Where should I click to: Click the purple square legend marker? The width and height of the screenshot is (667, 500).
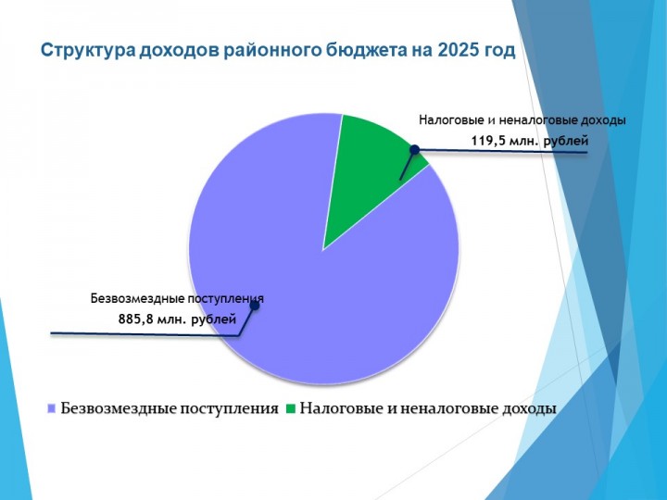52,408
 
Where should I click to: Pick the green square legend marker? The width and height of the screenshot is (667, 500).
291,408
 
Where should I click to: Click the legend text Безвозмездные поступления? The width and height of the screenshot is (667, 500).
170,408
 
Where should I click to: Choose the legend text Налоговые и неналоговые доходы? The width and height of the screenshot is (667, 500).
428,408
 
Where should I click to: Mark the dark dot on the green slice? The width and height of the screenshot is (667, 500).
414,149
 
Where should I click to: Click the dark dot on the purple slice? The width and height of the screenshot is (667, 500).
255,306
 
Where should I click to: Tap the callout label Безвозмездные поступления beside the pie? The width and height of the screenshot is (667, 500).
177,299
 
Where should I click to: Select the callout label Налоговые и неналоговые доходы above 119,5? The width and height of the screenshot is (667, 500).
522,120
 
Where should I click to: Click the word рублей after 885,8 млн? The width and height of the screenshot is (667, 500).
214,319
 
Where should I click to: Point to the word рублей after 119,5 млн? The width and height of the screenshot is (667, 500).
566,142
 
